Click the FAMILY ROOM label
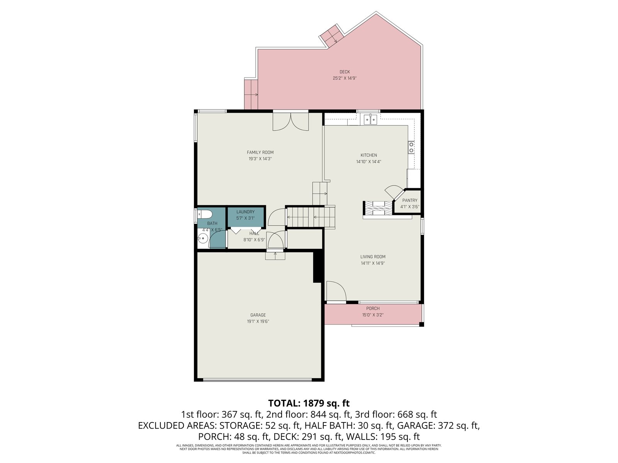coord(260,152)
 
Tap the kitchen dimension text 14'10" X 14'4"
coord(368,162)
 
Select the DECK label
coord(345,72)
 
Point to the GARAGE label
coord(258,315)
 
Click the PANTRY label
coord(410,200)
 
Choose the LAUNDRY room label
coord(245,212)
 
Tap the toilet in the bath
coord(204,214)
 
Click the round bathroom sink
coord(202,239)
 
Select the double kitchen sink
coord(370,120)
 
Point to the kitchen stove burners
coord(411,147)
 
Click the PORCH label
coord(373,308)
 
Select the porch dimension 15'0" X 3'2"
coord(373,315)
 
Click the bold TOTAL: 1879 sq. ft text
coord(309,403)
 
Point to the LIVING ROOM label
coord(373,257)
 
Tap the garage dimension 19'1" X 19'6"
coord(258,321)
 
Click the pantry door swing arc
coord(394,191)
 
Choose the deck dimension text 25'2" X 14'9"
coord(345,78)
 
